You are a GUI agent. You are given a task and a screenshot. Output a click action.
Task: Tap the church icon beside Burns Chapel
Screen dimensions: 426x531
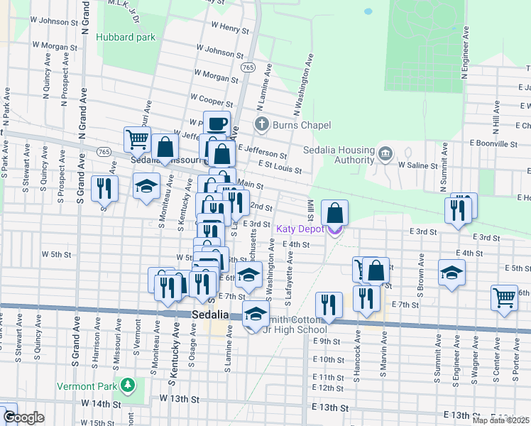click(261, 125)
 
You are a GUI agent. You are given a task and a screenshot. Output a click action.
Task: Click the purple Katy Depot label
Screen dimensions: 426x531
click(300, 229)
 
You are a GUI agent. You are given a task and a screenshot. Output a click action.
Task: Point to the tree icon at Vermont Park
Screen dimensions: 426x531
click(128, 386)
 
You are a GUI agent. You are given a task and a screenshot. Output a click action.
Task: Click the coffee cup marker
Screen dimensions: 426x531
click(217, 124)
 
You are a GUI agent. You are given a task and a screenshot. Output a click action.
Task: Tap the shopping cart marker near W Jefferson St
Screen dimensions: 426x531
click(137, 138)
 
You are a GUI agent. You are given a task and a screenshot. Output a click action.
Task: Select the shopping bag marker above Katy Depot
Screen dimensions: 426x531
click(334, 212)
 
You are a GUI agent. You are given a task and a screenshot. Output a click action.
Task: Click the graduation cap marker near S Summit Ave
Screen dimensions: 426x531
click(451, 273)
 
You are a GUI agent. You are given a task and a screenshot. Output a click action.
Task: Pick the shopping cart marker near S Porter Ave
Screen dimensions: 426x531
click(504, 297)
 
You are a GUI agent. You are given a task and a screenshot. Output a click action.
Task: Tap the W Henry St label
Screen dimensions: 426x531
click(230, 30)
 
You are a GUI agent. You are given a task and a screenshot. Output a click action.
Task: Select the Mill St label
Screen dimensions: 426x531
click(310, 209)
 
